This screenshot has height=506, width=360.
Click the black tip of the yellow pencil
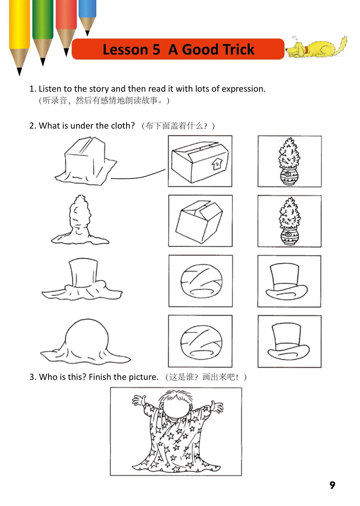point(19,72)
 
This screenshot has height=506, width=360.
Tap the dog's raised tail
point(343,42)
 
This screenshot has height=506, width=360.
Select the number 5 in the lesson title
point(156,50)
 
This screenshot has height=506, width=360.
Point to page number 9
point(332,485)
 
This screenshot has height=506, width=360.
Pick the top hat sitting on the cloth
point(83,273)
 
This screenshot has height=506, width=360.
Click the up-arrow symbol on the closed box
point(217,164)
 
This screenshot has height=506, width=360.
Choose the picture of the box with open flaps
point(200,221)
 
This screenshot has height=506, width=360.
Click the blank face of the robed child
point(176,410)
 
